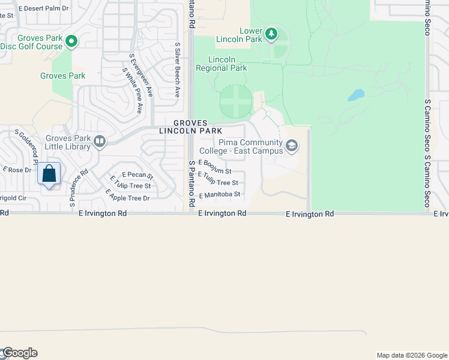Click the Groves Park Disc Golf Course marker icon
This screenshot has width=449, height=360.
(x=71, y=41)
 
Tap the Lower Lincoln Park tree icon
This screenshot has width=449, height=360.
(x=271, y=34)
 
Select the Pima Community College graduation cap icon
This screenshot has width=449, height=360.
(x=292, y=146)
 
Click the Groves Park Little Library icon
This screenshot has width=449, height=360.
(x=100, y=142)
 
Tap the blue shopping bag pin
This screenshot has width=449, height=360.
(x=50, y=174)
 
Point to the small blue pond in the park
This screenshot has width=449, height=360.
(x=356, y=95)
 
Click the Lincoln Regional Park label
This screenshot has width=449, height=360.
(x=221, y=64)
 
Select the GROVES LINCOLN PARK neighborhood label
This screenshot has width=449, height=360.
(x=191, y=127)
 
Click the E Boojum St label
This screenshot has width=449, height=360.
(x=214, y=167)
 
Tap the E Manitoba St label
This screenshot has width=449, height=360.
(x=220, y=195)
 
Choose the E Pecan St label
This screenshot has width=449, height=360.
(x=138, y=175)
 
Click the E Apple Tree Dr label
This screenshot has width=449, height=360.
(x=127, y=195)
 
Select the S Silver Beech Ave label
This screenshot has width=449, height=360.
(x=177, y=70)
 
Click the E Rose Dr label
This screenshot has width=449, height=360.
(x=17, y=170)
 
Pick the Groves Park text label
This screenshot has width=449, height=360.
(x=62, y=76)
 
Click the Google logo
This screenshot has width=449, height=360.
(x=19, y=353)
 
